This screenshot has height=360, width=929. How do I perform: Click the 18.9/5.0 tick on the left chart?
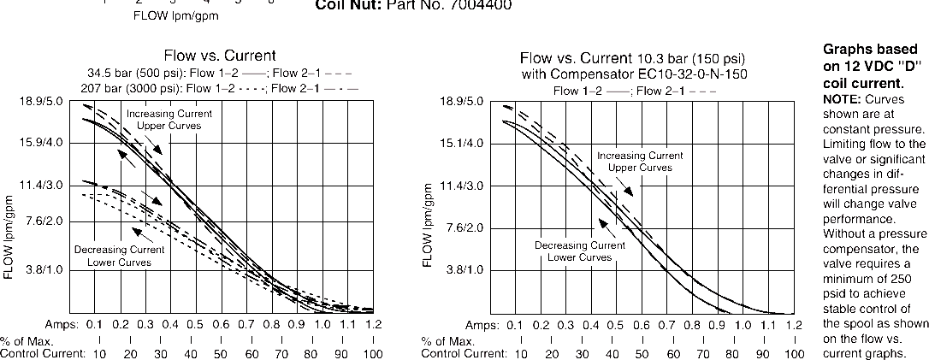pos(35,101)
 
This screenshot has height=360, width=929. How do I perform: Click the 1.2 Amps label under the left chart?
pos(372,325)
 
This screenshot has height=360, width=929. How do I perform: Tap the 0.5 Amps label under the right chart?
pos(616,325)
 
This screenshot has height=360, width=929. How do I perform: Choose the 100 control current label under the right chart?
pos(794,353)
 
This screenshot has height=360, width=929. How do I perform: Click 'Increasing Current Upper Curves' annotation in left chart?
pos(169,120)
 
